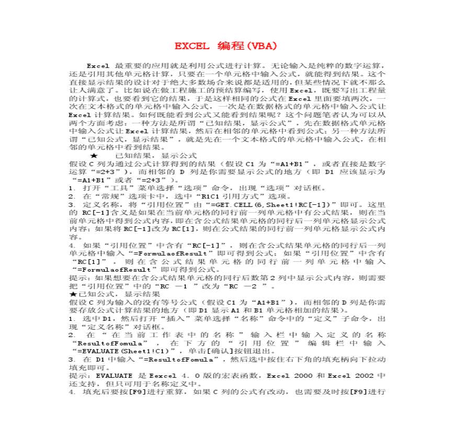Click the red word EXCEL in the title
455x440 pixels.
click(192, 46)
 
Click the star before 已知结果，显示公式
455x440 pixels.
click(94, 155)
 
